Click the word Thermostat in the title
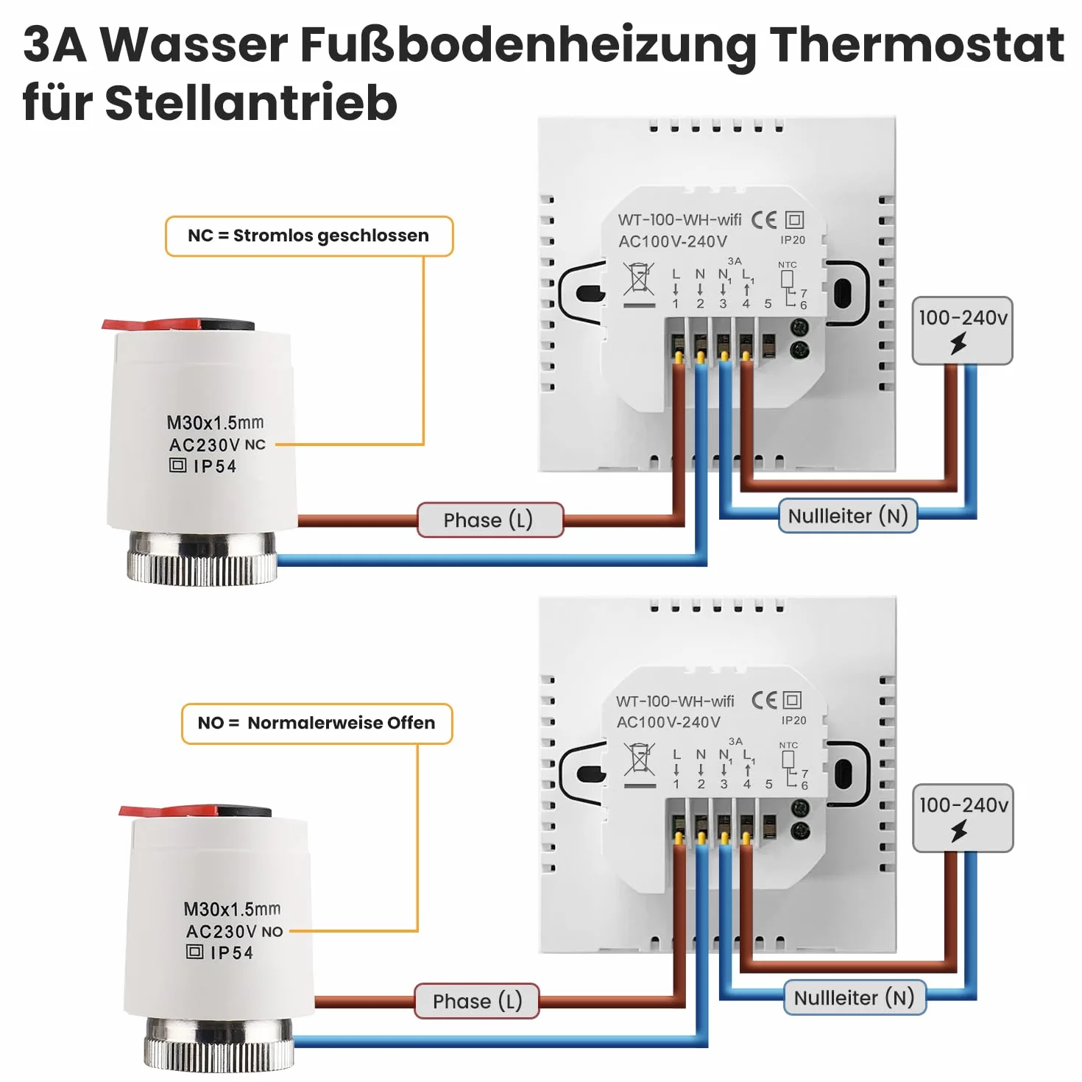pyautogui.click(x=916, y=45)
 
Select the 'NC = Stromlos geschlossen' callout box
pyautogui.click(x=309, y=236)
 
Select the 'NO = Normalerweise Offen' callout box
pyautogui.click(x=317, y=724)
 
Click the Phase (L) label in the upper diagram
pyautogui.click(x=489, y=520)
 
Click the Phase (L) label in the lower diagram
pyautogui.click(x=477, y=1001)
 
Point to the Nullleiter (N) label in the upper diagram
pyautogui.click(x=848, y=515)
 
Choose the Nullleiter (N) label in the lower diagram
pyautogui.click(x=854, y=997)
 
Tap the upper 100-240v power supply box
pyautogui.click(x=963, y=330)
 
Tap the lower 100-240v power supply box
pyautogui.click(x=963, y=818)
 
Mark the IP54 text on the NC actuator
pyautogui.click(x=215, y=466)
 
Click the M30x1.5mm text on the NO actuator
pyautogui.click(x=232, y=908)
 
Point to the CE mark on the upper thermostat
pyautogui.click(x=764, y=220)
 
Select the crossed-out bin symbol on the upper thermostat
pyautogui.click(x=639, y=283)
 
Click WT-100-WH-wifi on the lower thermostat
pyautogui.click(x=675, y=701)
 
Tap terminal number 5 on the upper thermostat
pyautogui.click(x=768, y=304)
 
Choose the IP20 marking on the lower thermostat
pyautogui.click(x=794, y=721)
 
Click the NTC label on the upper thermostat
pyautogui.click(x=788, y=264)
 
